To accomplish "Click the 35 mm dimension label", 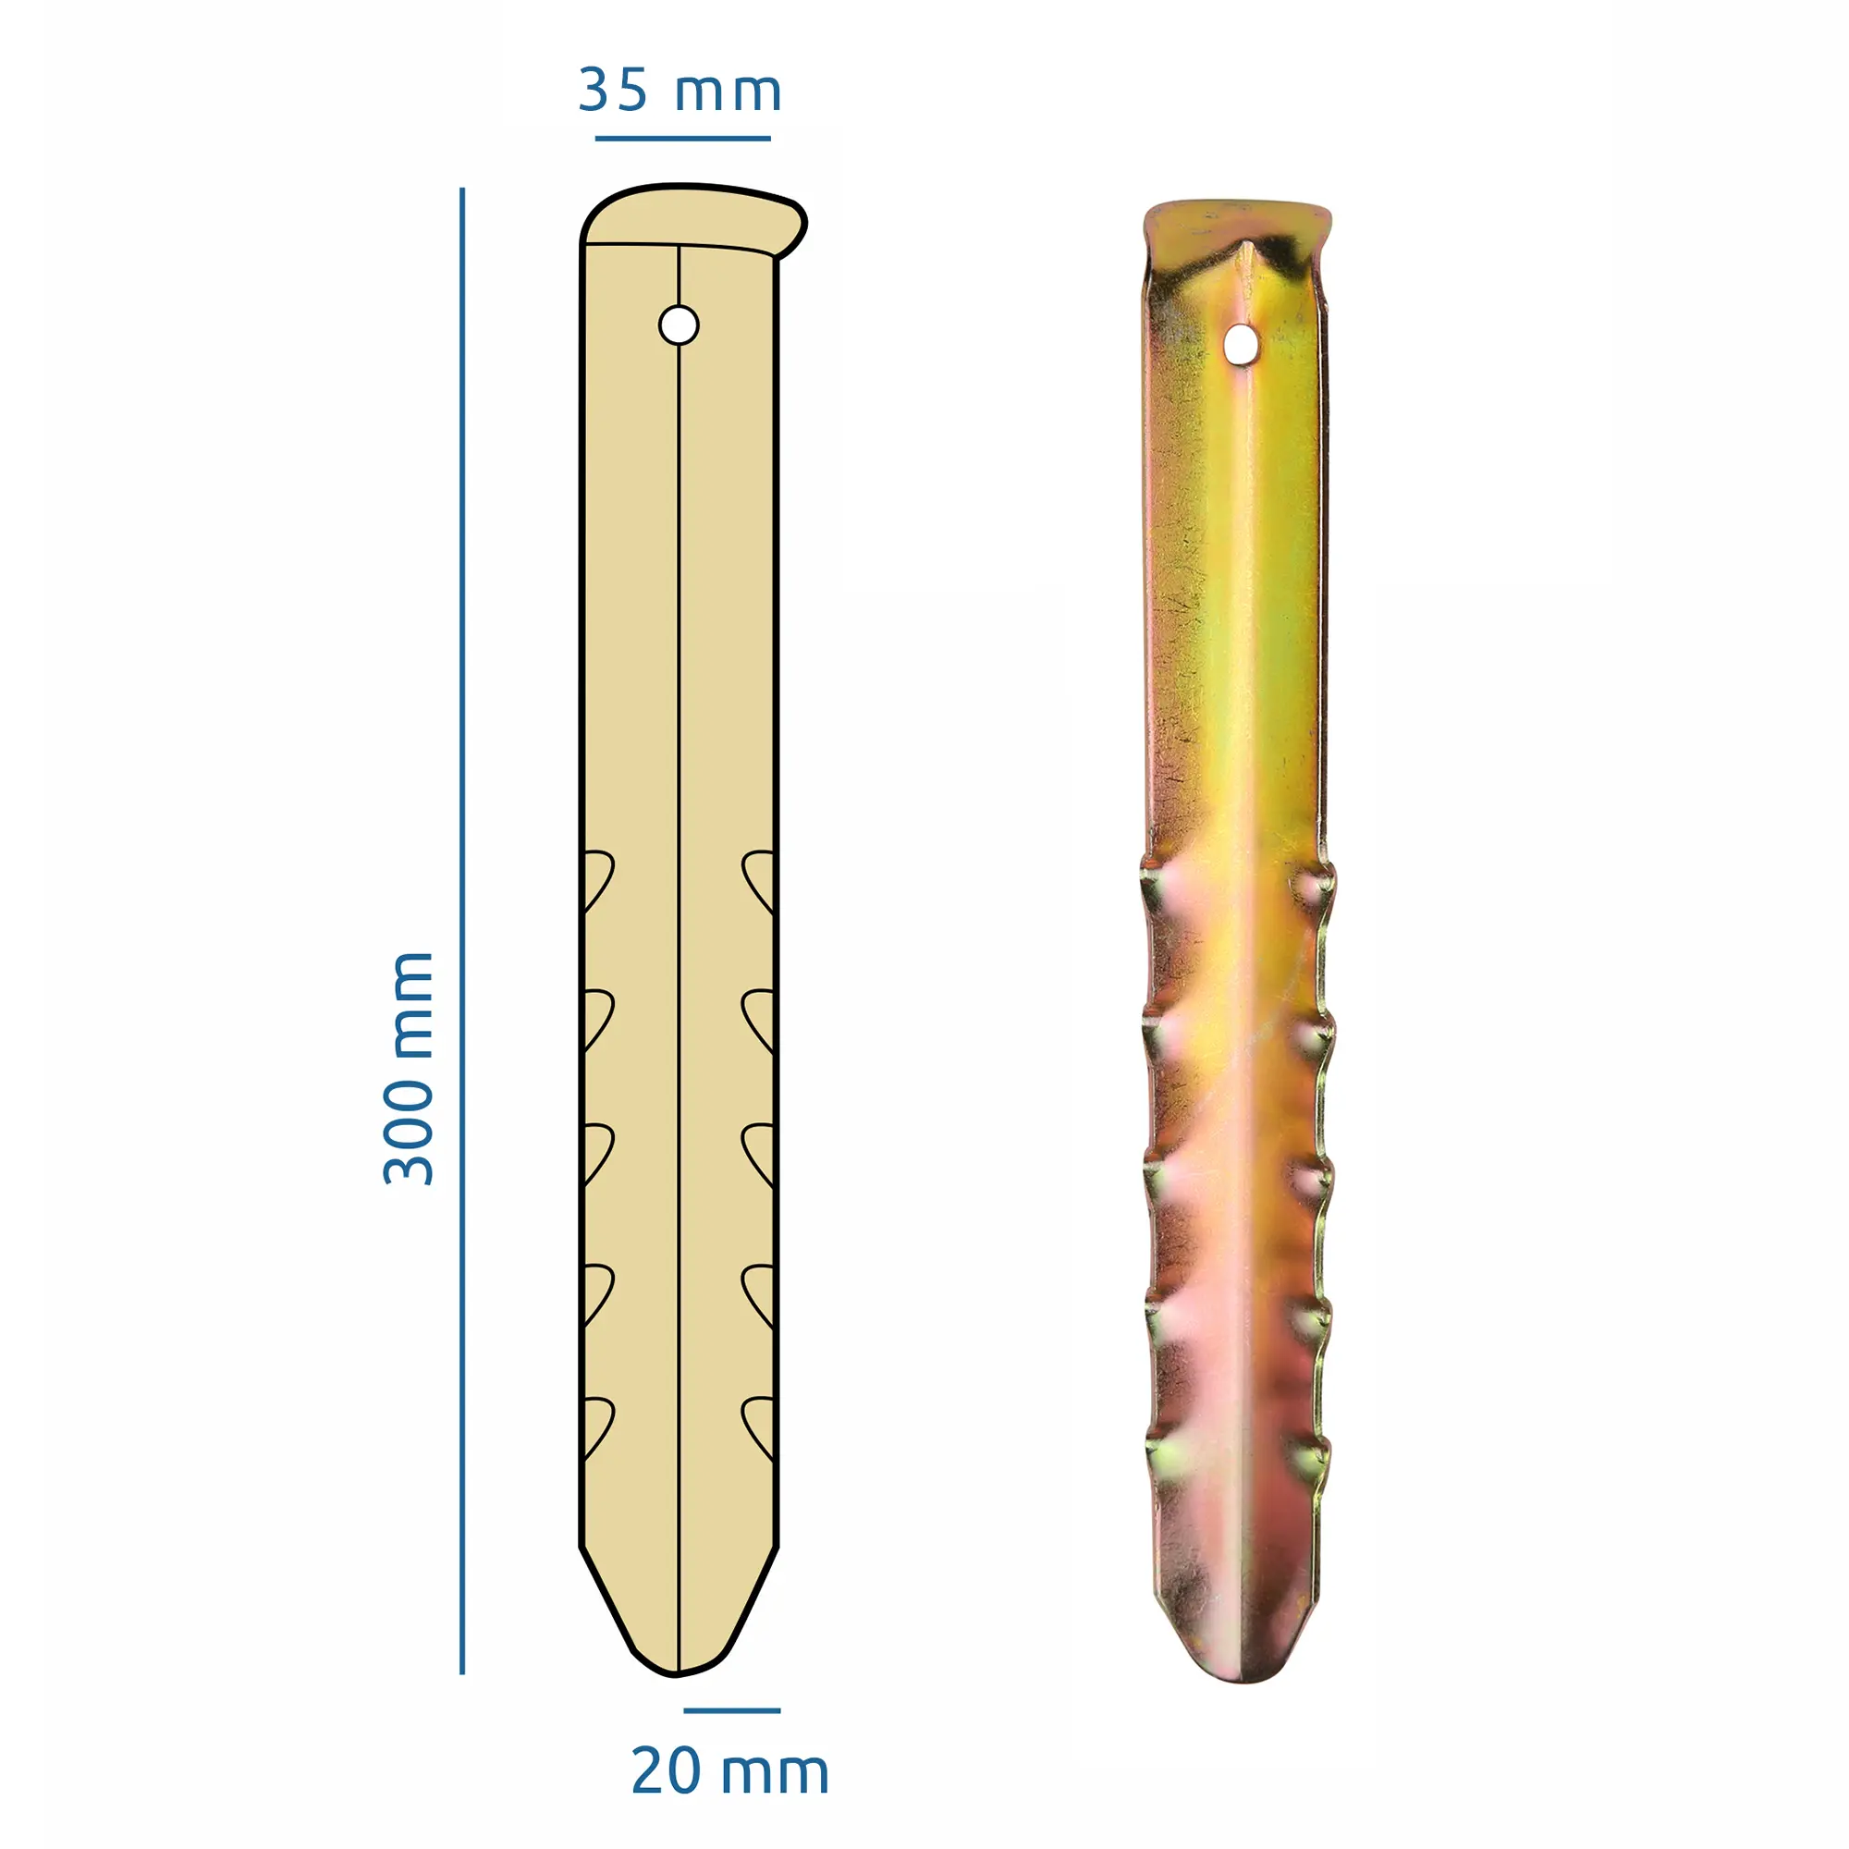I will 680,92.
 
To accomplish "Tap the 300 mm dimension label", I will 410,1069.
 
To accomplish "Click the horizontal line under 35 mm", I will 682,139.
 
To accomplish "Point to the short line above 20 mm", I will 732,1710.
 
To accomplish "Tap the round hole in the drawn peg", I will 679,325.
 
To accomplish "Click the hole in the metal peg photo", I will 1241,344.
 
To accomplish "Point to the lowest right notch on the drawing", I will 759,1426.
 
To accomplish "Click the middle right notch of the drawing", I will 759,1151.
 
